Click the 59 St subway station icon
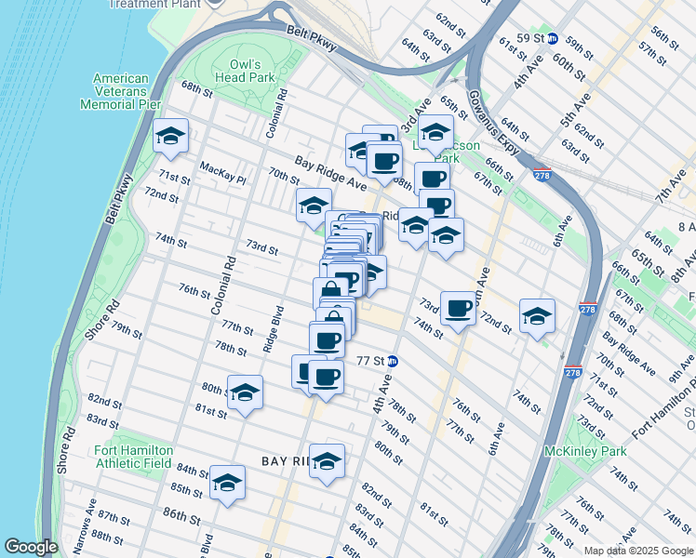552,39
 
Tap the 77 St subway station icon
393,361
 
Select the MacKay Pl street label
221,166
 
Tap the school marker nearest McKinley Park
537,316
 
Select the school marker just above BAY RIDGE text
327,460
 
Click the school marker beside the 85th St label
227,482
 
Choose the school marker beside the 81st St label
245,392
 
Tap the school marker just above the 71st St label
170,137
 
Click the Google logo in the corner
32,547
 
